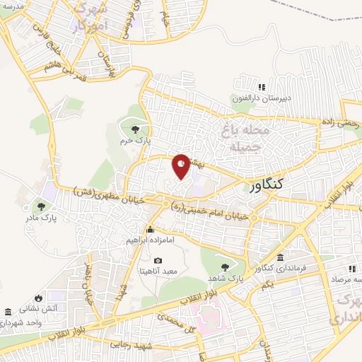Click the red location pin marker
(182, 166)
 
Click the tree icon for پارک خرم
(135, 128)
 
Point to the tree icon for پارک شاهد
(225, 267)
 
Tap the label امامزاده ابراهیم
(150, 240)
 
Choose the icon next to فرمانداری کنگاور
(281, 257)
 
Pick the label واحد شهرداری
(25, 322)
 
